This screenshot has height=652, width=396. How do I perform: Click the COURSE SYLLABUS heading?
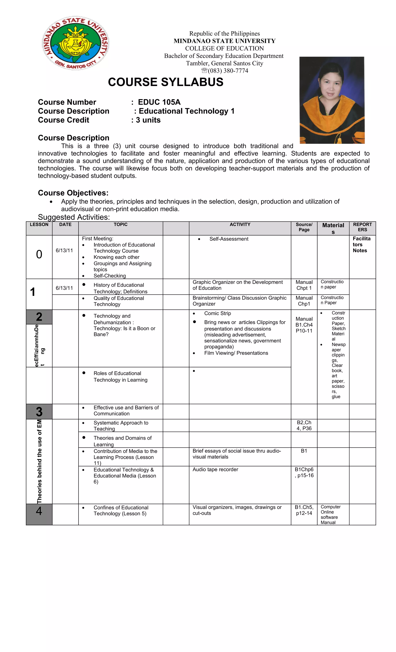pos(166,82)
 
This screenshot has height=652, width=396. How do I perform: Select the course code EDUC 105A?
pos(159,102)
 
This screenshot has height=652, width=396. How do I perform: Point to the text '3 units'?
pos(148,120)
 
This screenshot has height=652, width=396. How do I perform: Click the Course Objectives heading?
pos(73,193)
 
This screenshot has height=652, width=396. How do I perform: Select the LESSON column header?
pos(39,225)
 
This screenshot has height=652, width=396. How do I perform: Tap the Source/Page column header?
pos(304,227)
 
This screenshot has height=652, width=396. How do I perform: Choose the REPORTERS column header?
pos(362,227)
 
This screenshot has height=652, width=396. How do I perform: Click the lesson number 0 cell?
pos(39,254)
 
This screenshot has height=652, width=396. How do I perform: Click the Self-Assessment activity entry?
pos(229,239)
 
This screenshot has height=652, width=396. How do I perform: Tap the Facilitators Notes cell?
pos(361,245)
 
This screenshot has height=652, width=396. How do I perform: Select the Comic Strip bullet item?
pos(217,313)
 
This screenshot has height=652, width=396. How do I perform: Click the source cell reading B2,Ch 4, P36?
pos(304,425)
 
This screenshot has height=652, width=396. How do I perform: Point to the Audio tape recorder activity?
pos(215,469)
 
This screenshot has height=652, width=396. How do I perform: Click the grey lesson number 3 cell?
pos(39,412)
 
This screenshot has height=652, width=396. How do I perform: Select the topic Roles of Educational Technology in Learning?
pos(120,377)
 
